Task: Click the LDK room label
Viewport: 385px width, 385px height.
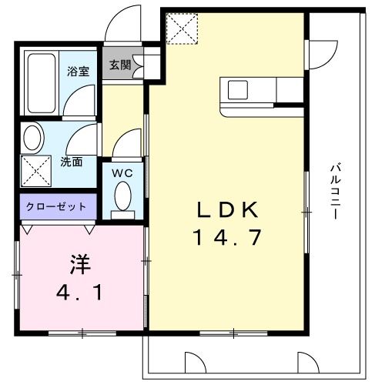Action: click(226, 209)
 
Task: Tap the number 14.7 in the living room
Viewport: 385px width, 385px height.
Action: click(226, 238)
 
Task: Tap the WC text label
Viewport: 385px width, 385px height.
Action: click(123, 173)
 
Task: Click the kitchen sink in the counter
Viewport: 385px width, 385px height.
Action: click(236, 89)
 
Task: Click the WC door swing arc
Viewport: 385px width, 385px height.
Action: click(128, 142)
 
